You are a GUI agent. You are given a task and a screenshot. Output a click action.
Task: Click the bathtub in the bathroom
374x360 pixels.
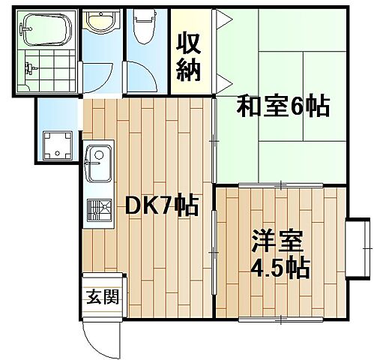point(45,29)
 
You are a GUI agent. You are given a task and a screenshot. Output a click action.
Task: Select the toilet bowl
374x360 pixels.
point(145,26)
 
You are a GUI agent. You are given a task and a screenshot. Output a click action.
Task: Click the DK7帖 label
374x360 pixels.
point(162,205)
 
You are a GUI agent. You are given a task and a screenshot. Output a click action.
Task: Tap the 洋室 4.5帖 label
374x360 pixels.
point(280,255)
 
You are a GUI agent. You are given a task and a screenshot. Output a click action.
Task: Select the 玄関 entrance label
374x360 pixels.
point(103,297)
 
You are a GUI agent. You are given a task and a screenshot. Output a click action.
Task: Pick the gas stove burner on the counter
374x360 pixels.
point(99,210)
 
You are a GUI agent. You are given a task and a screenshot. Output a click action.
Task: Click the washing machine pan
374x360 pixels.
point(58,145)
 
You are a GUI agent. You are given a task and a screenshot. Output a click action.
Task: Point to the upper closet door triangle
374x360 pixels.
point(223,19)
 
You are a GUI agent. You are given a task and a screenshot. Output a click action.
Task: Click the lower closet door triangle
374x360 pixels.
point(223,83)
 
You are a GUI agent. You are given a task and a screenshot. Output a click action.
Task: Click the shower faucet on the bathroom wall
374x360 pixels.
point(31,67)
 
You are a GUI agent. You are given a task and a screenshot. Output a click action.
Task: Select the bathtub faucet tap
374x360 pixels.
point(25,29)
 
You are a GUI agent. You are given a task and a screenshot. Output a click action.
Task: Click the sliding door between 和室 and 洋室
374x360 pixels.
point(280,185)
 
